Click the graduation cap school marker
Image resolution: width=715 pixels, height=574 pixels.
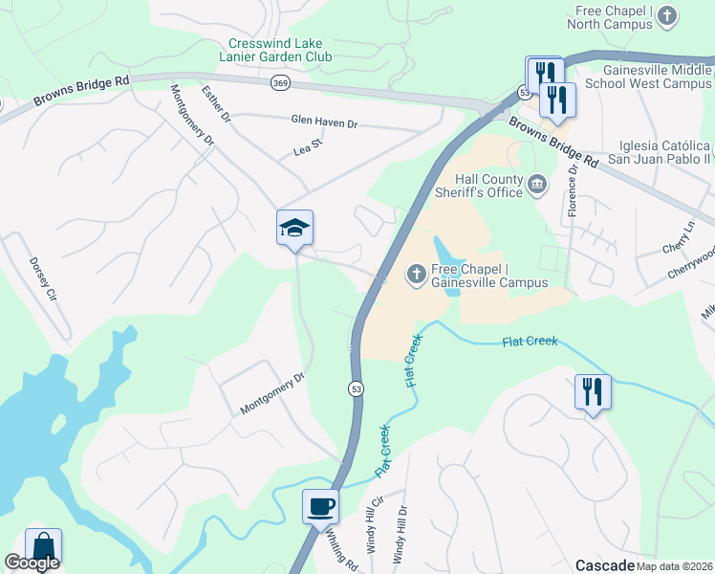pos(295,228)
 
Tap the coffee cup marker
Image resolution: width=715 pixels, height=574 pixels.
pos(320,506)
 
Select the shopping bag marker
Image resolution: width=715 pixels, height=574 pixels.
pos(43,546)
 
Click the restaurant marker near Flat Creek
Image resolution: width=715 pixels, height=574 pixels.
pos(593,391)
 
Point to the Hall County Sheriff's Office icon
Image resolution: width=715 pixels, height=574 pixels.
pos(537,182)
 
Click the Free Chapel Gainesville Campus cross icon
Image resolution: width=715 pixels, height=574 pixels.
pos(416,276)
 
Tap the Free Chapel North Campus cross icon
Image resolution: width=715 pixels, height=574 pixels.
pos(667,15)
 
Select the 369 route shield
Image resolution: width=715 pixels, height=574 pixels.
pos(280,83)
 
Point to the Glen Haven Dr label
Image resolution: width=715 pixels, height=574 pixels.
pos(324,122)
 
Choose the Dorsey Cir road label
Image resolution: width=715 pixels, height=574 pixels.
pos(44,278)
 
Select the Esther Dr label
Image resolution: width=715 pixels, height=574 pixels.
pos(217,103)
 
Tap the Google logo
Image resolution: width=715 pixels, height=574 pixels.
pos(32,563)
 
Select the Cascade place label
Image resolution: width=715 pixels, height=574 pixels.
pos(604,564)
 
